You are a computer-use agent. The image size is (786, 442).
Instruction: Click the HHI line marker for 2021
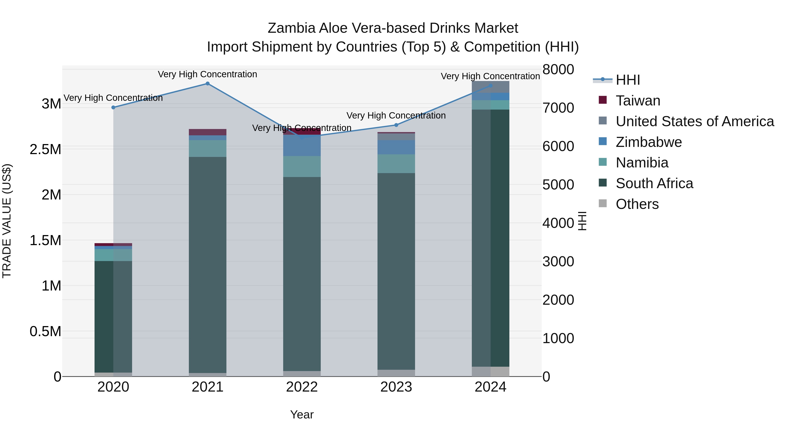207,84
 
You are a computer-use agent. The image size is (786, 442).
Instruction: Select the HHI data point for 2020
113,107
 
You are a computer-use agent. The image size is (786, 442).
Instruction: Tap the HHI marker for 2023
396,125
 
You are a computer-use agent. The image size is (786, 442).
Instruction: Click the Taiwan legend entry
638,101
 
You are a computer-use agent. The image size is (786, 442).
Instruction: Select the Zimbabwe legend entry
648,142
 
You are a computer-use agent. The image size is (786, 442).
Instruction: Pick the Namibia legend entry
642,163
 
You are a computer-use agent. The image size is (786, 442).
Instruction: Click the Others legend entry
637,204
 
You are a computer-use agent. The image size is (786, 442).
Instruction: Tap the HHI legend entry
628,80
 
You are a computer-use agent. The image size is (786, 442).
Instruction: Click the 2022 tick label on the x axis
302,387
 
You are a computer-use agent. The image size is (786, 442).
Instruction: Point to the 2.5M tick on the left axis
45,150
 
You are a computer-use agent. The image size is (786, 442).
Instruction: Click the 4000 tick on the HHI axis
558,223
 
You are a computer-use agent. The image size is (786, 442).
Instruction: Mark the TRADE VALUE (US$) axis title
7,221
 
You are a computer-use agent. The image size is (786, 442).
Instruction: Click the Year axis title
302,414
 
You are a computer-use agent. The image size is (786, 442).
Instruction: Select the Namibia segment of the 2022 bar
302,167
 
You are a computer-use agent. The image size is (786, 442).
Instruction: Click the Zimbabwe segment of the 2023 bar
396,147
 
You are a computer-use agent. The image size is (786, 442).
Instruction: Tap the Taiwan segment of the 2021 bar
207,132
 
